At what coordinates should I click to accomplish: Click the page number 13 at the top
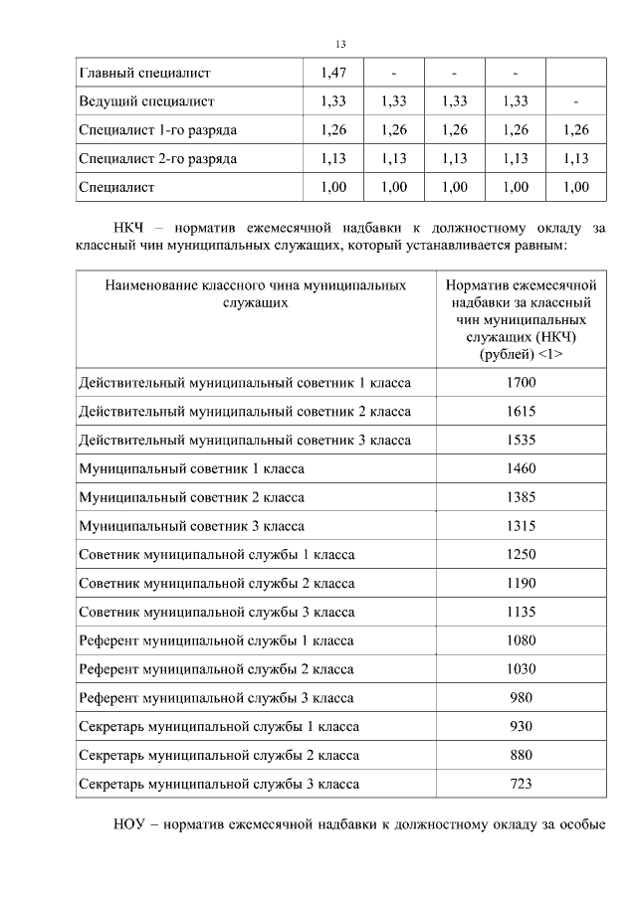(x=340, y=44)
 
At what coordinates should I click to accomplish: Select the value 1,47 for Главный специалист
(x=333, y=73)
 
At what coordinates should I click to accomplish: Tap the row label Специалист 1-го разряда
(x=157, y=130)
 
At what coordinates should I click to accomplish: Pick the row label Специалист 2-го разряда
(x=157, y=158)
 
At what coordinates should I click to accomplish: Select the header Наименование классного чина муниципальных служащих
(x=256, y=293)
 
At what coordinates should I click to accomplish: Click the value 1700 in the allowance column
(x=522, y=382)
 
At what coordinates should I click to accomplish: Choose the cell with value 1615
(x=522, y=411)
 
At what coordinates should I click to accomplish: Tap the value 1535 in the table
(x=522, y=440)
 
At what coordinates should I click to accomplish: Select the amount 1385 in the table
(x=522, y=497)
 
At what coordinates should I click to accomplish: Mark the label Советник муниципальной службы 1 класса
(x=216, y=555)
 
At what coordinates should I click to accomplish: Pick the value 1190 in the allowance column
(x=522, y=583)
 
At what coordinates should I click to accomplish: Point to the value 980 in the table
(x=522, y=698)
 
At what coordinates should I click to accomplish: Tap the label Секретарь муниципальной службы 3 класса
(x=219, y=785)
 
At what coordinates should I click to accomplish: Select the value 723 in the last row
(x=522, y=785)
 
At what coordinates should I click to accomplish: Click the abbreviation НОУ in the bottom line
(x=130, y=824)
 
